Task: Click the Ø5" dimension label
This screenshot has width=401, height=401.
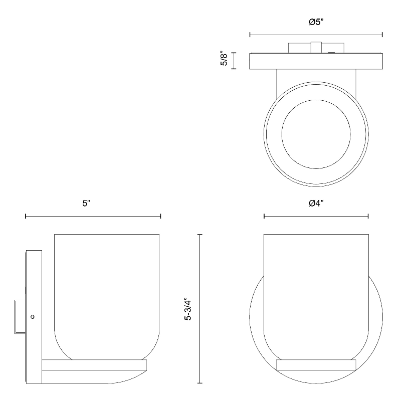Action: pyautogui.click(x=316, y=22)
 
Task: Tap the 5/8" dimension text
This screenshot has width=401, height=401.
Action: pyautogui.click(x=224, y=59)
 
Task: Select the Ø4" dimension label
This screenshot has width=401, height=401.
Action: pyautogui.click(x=316, y=204)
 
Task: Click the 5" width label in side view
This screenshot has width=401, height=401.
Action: pyautogui.click(x=86, y=204)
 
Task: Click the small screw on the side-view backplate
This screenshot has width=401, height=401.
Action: pyautogui.click(x=33, y=317)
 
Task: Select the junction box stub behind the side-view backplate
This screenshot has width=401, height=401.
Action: pyautogui.click(x=20, y=317)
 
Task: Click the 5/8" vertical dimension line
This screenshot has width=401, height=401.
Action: pyautogui.click(x=234, y=61)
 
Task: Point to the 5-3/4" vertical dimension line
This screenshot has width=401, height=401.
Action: pyautogui.click(x=200, y=309)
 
